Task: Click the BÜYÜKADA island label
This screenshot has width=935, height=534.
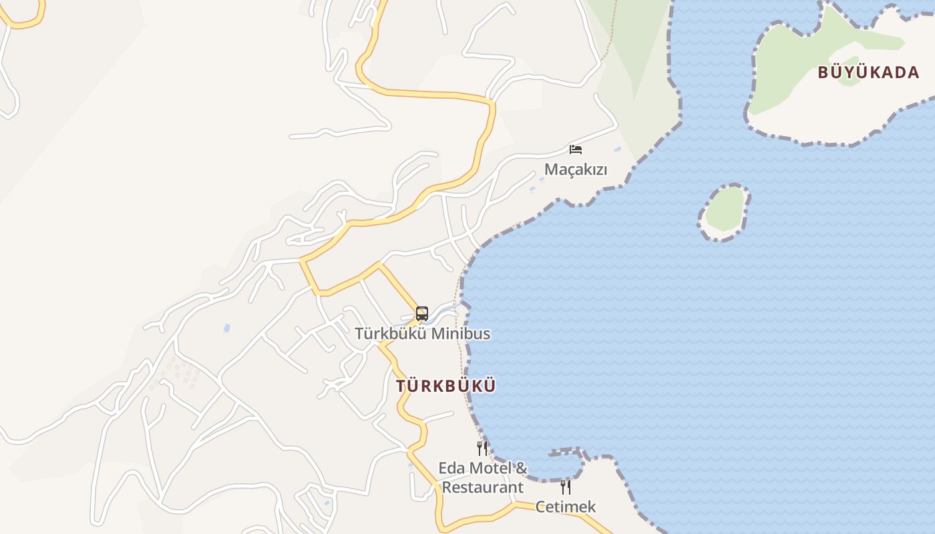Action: click(868, 73)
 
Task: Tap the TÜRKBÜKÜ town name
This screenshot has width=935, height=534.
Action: click(445, 386)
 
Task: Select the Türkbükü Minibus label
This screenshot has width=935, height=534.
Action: click(422, 334)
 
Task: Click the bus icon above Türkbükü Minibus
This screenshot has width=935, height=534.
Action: click(422, 314)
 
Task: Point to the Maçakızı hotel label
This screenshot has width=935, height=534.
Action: click(576, 170)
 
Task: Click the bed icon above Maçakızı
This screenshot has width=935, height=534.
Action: click(576, 150)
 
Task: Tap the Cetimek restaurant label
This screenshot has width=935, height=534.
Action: click(566, 507)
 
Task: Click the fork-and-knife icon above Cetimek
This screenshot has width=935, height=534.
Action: click(566, 487)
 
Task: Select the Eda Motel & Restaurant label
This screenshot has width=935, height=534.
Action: click(482, 478)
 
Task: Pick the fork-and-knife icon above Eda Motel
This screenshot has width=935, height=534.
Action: click(482, 449)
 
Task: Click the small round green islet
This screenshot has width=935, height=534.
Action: click(725, 210)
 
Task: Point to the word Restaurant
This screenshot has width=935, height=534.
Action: click(482, 488)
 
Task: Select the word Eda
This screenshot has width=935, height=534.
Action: click(451, 469)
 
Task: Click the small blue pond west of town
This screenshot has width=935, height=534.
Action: click(227, 328)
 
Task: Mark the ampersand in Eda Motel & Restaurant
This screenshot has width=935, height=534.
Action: click(521, 469)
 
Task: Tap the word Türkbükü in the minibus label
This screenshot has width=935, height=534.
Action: click(391, 334)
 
